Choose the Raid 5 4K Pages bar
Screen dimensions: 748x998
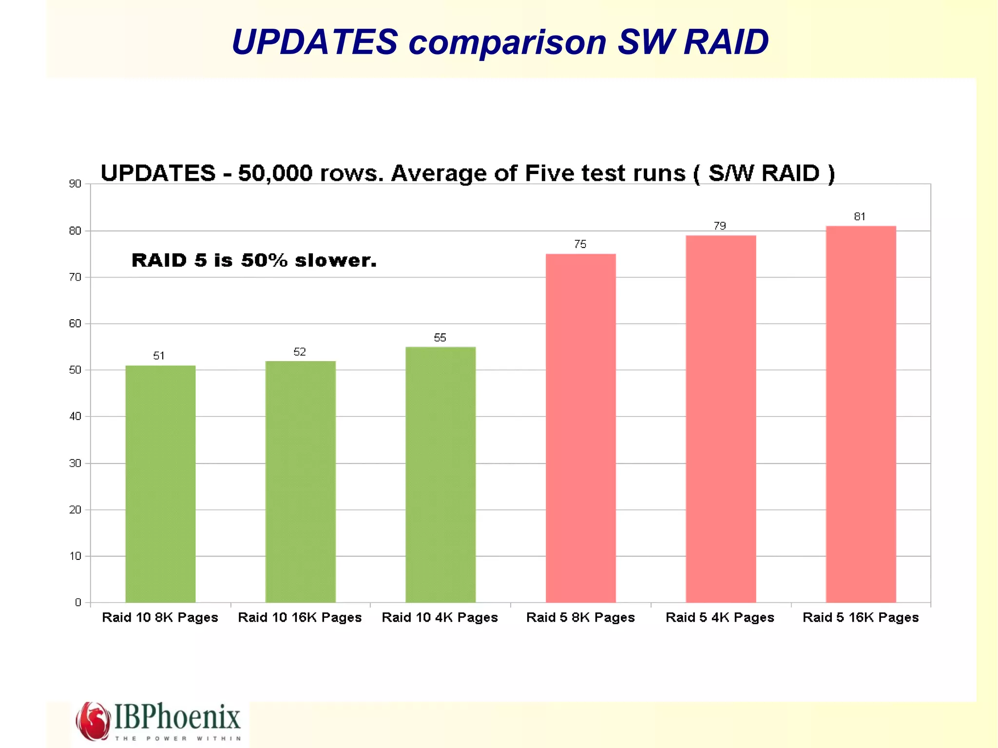[x=721, y=419]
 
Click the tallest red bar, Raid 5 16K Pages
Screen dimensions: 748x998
[x=861, y=414]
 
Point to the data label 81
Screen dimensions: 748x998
[x=860, y=216]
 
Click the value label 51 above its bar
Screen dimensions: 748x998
[x=159, y=356]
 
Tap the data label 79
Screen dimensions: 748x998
[x=720, y=226]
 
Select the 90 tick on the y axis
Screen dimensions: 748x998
[x=75, y=184]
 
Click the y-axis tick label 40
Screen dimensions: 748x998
[x=75, y=416]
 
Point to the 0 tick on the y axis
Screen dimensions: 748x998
[x=78, y=602]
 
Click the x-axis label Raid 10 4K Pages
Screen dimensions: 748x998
[x=440, y=617]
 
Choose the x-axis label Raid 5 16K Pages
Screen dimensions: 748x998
[x=861, y=617]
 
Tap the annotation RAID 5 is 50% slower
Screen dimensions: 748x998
[x=254, y=260]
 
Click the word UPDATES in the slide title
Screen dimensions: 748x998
[x=315, y=41]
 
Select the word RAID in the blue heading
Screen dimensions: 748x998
[x=726, y=41]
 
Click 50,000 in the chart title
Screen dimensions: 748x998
[x=275, y=173]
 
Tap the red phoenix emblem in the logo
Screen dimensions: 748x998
[x=93, y=721]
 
